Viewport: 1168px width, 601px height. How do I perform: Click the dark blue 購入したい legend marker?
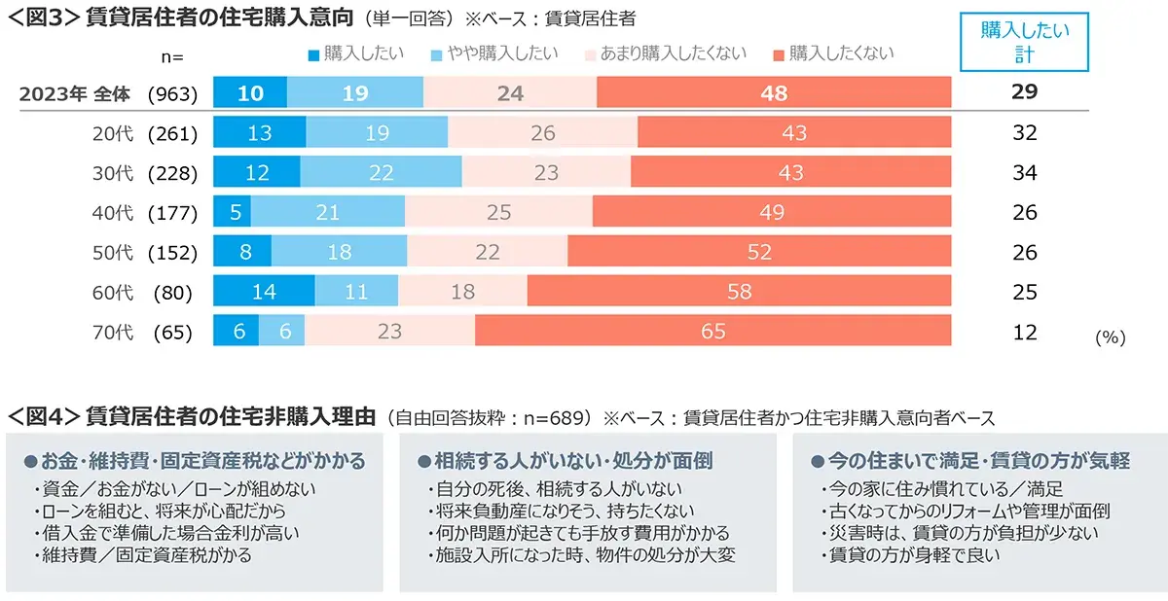pyautogui.click(x=312, y=53)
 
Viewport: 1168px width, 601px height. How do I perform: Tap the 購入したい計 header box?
pyautogui.click(x=1024, y=44)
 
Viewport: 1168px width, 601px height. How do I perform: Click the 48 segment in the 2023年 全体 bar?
pyautogui.click(x=774, y=93)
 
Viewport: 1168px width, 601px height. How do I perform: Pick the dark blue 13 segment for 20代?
pyautogui.click(x=259, y=133)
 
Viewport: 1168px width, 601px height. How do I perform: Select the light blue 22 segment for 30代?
pyautogui.click(x=381, y=173)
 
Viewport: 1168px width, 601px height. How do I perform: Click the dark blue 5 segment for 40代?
pyautogui.click(x=232, y=213)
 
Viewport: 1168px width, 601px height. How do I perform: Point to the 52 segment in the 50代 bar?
pyautogui.click(x=759, y=253)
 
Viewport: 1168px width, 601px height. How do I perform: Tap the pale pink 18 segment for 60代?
pyautogui.click(x=462, y=293)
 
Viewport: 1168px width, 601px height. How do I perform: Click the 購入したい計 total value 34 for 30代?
pyautogui.click(x=1024, y=173)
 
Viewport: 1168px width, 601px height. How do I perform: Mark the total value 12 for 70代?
pyautogui.click(x=1024, y=333)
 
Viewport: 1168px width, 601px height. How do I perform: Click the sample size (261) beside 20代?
pyautogui.click(x=172, y=133)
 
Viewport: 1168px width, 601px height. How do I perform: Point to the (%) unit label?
pyautogui.click(x=1110, y=338)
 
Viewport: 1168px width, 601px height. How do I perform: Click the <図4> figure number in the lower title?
pyautogui.click(x=43, y=417)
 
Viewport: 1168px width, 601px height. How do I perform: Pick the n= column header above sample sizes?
pyautogui.click(x=172, y=56)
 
